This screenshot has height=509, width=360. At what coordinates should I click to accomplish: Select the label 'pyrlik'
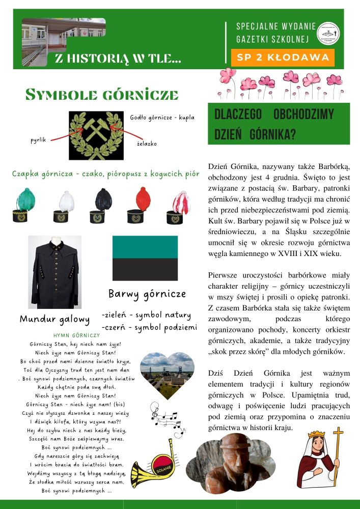[x=39, y=139]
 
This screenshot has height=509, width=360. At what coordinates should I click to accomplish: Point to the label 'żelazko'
[x=147, y=144]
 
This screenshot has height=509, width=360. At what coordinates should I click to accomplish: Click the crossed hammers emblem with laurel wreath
[x=96, y=134]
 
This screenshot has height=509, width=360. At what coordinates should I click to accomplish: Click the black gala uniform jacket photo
[x=54, y=272]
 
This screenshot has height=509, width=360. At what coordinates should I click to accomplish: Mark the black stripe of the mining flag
[x=145, y=269]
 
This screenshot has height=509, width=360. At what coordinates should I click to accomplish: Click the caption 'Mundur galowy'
[x=54, y=319]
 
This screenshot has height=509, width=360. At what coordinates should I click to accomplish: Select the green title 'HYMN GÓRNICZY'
[x=76, y=335]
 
